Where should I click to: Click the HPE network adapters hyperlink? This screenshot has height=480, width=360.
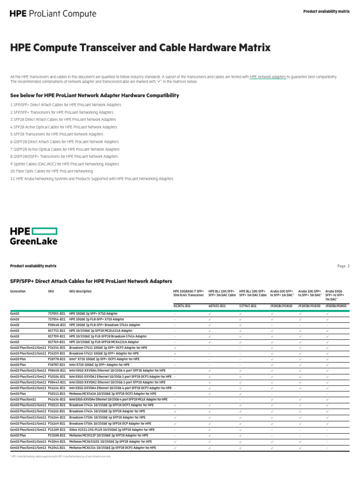coord(268,77)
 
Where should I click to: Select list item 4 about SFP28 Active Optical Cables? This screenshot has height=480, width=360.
coord(64,127)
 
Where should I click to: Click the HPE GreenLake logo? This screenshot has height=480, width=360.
coord(34,236)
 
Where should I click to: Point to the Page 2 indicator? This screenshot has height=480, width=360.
coord(343,266)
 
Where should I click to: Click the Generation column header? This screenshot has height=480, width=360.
coord(18,291)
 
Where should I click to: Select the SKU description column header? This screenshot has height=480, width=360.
coord(80,291)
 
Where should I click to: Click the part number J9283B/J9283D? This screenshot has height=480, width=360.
coord(309,306)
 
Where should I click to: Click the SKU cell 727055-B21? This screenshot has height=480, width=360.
coord(56,313)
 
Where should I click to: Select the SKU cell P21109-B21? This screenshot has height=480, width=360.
coord(57,430)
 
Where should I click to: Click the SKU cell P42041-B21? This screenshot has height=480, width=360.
coord(57,447)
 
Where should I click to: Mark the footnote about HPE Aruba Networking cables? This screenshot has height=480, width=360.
coord(60,456)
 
